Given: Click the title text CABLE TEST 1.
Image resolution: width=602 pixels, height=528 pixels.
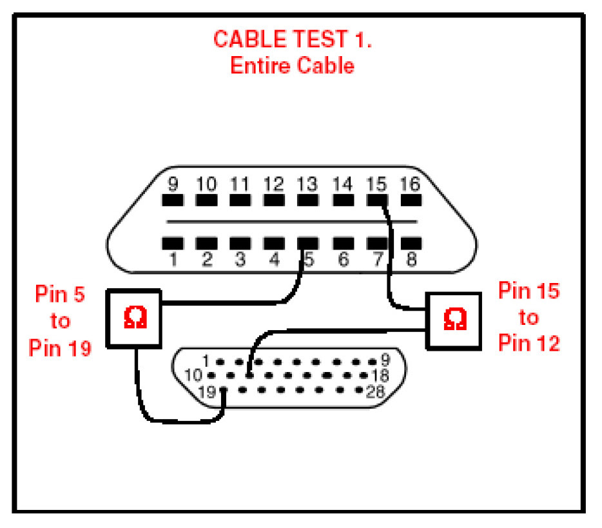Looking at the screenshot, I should pos(293,39).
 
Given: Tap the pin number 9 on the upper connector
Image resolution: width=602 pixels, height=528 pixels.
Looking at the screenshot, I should pos(173,184).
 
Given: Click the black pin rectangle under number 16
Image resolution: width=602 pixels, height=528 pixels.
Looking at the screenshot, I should pos(410,200).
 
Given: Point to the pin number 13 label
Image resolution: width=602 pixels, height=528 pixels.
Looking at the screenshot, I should pos(307,184).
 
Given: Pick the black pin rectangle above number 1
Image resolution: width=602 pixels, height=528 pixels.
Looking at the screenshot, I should pos(173,243).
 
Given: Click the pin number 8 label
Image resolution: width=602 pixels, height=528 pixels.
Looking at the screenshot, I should pos(412,260).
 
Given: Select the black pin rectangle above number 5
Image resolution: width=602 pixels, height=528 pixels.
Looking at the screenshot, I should pos(307,243).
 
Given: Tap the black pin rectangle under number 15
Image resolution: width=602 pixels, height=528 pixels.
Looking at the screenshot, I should pos(376,200).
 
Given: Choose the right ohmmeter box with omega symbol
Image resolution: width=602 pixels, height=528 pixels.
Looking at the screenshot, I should pos(454,320).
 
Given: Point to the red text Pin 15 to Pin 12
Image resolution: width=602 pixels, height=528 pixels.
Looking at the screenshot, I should pos(529,317).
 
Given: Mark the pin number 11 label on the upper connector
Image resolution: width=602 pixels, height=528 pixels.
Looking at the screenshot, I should pos(240,184).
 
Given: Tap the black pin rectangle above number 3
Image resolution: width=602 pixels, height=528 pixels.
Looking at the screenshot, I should pos(240,243).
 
